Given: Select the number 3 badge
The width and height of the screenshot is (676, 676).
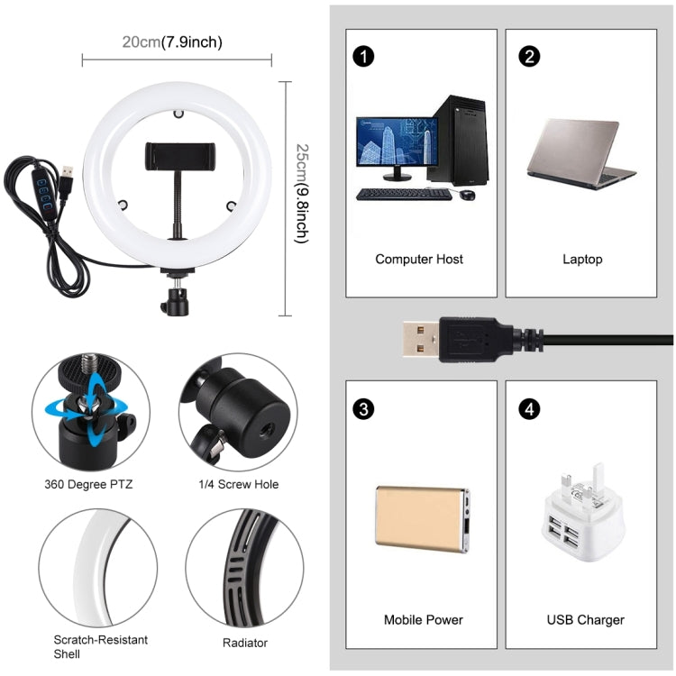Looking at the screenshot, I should pos(363,408).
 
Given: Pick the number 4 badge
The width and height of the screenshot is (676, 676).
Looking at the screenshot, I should pos(530,408).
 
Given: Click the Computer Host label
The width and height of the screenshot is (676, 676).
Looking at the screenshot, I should pos(419,260).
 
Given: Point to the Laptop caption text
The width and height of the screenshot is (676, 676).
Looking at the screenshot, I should pos(582,260).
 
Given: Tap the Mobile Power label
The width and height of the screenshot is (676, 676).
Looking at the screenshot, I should pos(424,620).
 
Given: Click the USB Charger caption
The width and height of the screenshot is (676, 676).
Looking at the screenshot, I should pos(585,620).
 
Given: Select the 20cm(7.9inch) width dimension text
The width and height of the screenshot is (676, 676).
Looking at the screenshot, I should pos(172,42).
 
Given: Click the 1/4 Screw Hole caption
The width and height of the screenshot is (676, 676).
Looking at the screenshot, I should pos(239,484).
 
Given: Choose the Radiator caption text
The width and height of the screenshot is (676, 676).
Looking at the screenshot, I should pos(244,644).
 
